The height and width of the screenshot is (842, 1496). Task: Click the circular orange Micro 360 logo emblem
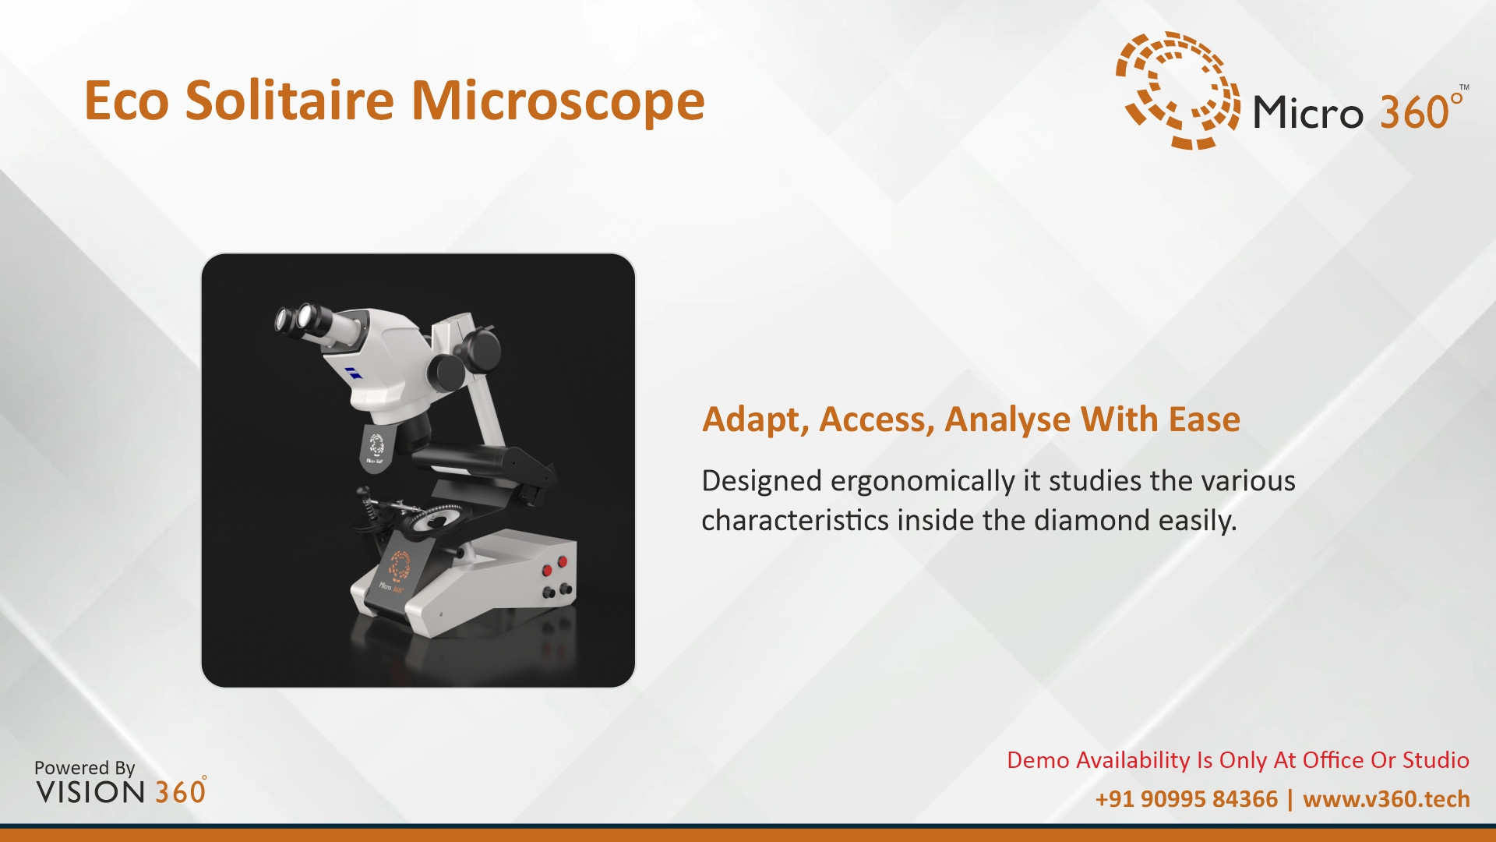(x=1177, y=90)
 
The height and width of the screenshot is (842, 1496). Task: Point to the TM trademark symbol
(x=1464, y=87)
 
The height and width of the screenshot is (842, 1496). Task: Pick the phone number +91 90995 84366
(x=1186, y=799)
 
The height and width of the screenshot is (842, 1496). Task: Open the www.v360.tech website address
(x=1386, y=799)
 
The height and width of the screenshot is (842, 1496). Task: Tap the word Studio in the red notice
(x=1436, y=760)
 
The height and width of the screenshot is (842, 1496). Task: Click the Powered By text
(x=85, y=768)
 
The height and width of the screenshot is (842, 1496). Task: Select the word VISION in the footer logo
(x=90, y=792)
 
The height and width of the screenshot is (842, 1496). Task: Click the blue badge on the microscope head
(x=353, y=373)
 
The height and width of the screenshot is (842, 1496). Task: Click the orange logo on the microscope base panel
(x=400, y=566)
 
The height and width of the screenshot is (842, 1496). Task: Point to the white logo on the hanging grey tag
(x=376, y=446)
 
